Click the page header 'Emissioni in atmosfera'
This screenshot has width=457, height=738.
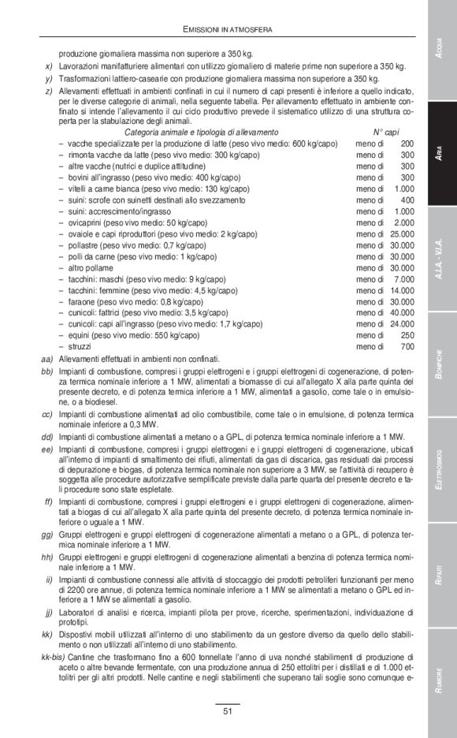pos(228,29)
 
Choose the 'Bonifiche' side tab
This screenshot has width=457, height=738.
pos(441,364)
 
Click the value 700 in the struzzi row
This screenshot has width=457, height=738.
pos(407,346)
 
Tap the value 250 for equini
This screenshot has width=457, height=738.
pos(407,335)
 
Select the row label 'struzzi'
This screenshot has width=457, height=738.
pos(79,346)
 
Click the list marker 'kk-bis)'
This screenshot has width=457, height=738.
pos(42,657)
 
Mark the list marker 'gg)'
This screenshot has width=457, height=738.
pos(46,534)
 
